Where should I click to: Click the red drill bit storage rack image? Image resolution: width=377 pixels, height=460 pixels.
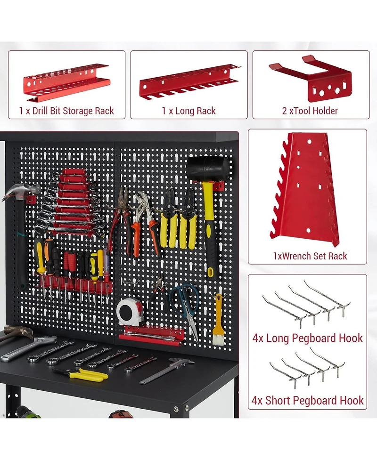(66, 82)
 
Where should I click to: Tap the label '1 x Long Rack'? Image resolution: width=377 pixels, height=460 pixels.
(188, 111)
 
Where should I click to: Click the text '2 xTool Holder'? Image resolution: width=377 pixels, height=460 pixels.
(309, 111)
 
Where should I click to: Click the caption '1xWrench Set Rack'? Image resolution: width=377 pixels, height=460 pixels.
(310, 256)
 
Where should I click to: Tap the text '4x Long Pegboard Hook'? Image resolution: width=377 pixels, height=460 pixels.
(307, 338)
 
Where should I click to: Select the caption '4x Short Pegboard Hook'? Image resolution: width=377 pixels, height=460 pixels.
(307, 401)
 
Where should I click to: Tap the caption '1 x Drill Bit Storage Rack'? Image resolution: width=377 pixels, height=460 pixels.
(66, 111)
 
